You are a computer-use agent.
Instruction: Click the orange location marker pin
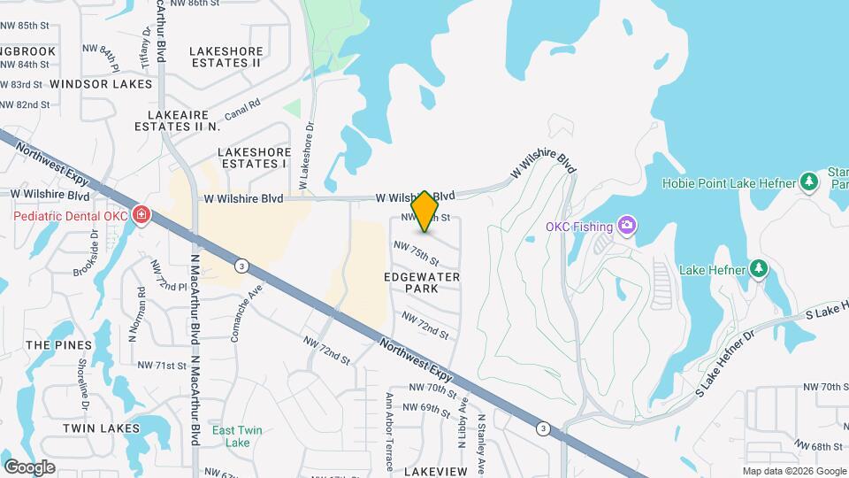(x=425, y=211)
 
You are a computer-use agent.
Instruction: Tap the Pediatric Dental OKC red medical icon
(x=141, y=216)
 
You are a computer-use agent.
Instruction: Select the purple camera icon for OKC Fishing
(x=627, y=226)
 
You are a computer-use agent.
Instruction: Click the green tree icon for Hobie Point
(x=808, y=182)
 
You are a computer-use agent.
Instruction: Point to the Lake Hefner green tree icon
(x=758, y=269)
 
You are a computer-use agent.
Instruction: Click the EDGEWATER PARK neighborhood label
(x=422, y=282)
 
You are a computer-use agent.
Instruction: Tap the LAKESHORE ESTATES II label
(x=226, y=58)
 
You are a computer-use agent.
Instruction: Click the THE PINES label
(x=58, y=344)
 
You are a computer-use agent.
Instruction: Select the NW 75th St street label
(x=417, y=254)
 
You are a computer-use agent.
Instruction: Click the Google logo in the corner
(x=29, y=467)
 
